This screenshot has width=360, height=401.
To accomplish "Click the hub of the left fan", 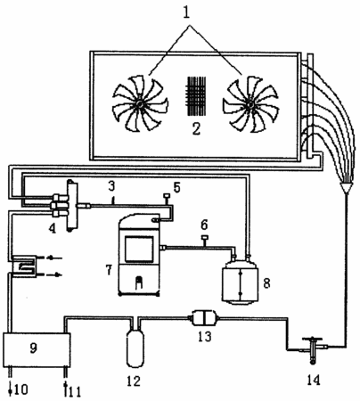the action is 139,104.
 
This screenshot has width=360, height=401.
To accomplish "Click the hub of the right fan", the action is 250,104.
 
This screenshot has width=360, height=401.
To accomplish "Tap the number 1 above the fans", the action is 186,12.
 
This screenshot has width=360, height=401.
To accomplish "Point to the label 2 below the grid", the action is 196,128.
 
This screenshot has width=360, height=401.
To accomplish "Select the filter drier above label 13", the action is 203,318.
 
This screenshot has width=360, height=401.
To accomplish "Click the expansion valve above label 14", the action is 312,349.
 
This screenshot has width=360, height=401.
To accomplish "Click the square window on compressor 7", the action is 139,249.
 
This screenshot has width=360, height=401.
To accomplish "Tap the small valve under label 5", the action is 167,199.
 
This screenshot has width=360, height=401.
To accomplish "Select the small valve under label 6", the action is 204,241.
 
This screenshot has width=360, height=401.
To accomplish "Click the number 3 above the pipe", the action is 111,187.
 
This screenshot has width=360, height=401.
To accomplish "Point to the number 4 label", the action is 53,228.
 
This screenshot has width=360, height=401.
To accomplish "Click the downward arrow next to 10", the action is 10,389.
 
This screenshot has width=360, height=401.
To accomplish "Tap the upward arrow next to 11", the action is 66,389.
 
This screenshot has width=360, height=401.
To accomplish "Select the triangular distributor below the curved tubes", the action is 346,188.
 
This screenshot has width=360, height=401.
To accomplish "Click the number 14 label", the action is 314,380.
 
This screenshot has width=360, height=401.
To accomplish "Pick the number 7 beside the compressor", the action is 109,270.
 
